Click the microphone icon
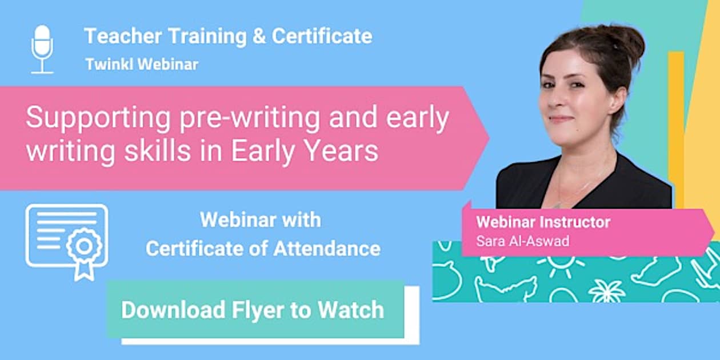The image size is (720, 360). [x=42, y=49]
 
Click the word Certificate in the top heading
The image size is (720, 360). [x=322, y=37]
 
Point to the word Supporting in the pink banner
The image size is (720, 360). [x=98, y=118]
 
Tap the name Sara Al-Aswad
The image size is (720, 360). [x=523, y=241]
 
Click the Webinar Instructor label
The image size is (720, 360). [x=543, y=222]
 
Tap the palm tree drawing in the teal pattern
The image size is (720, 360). [x=607, y=290]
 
